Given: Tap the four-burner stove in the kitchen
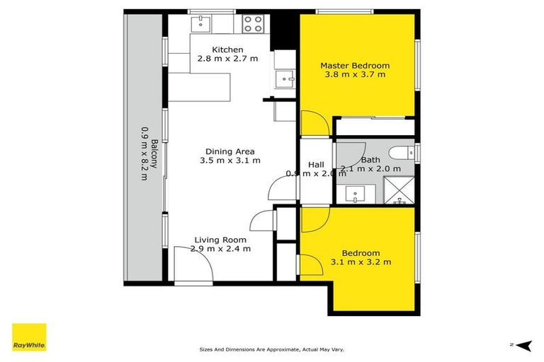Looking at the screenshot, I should (253, 24).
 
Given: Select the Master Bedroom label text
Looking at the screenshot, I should (356, 66).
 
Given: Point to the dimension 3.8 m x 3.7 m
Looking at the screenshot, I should (356, 74).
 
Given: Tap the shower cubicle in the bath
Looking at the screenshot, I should (399, 191).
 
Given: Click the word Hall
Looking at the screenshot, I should (315, 165).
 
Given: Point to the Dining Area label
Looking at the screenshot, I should (229, 151).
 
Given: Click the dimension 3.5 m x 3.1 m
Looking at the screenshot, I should (229, 160).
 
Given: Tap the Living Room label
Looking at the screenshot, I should (220, 240).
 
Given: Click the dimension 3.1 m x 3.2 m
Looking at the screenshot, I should (361, 262).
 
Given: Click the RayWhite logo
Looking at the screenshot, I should (29, 337).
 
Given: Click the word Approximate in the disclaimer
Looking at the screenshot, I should (273, 349).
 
